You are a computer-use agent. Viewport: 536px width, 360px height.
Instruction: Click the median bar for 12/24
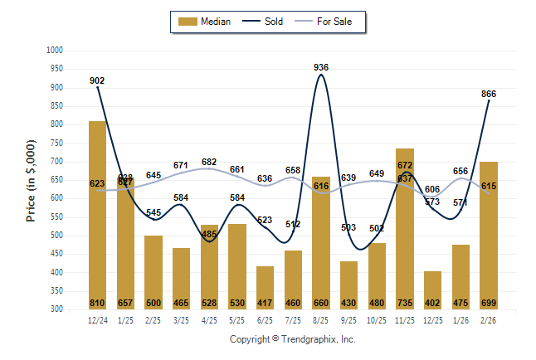pyautogui.click(x=97, y=215)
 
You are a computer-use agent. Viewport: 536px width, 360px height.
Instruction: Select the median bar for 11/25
pyautogui.click(x=404, y=229)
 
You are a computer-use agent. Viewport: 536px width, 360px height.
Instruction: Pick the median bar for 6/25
pyautogui.click(x=265, y=287)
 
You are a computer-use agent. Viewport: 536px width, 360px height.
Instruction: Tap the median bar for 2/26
pyautogui.click(x=488, y=236)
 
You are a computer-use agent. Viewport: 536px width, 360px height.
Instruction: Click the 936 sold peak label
pyautogui.click(x=321, y=66)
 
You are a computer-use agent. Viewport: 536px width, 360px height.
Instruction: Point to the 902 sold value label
pyautogui.click(x=97, y=80)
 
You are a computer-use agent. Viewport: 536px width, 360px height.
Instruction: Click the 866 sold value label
pyautogui.click(x=489, y=95)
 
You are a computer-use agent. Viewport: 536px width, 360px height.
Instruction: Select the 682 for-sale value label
pyautogui.click(x=209, y=163)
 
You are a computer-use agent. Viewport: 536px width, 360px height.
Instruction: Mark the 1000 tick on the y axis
pyautogui.click(x=55, y=51)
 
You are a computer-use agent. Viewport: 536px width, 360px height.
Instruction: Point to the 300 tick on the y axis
pyautogui.click(x=57, y=309)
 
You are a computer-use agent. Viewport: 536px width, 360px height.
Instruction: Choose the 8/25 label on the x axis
pyautogui.click(x=320, y=319)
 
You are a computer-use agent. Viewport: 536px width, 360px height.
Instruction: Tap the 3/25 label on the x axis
pyautogui.click(x=181, y=319)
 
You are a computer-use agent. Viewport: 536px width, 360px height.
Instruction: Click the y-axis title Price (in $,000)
pyautogui.click(x=31, y=179)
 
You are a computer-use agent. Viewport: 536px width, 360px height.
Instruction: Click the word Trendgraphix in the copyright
pyautogui.click(x=309, y=339)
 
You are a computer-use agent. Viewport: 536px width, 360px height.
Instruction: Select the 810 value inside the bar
pyautogui.click(x=97, y=303)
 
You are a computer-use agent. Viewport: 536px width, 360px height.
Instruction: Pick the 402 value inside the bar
pyautogui.click(x=432, y=303)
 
